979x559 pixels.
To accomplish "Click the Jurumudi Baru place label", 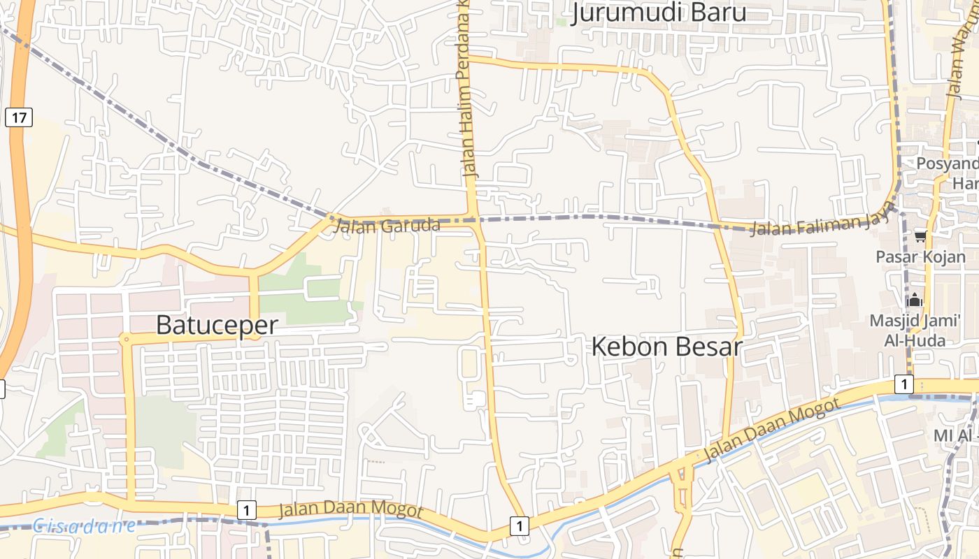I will (x=659, y=13).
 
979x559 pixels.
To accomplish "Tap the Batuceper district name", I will (x=217, y=325).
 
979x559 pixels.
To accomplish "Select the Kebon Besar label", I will (x=666, y=347).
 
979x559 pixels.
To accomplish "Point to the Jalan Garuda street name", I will (x=387, y=226).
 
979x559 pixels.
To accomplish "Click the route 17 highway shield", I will (x=19, y=117).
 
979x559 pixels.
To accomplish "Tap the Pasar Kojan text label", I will (x=920, y=256).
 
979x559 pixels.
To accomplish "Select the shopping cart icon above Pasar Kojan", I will (x=920, y=237).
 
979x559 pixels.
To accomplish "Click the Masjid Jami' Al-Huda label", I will (x=917, y=331).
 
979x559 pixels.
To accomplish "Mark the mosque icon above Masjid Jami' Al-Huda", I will (x=915, y=300).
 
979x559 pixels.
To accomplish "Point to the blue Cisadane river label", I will (x=84, y=525).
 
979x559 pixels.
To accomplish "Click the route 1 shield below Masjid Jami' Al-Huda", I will (x=904, y=384).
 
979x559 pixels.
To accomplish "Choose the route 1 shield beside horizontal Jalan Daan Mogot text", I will (x=246, y=510).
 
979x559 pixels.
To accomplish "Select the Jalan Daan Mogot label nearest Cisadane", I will (x=350, y=510).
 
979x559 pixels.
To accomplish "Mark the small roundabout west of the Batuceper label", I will (x=126, y=340).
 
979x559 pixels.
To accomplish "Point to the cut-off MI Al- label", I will (x=955, y=435).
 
